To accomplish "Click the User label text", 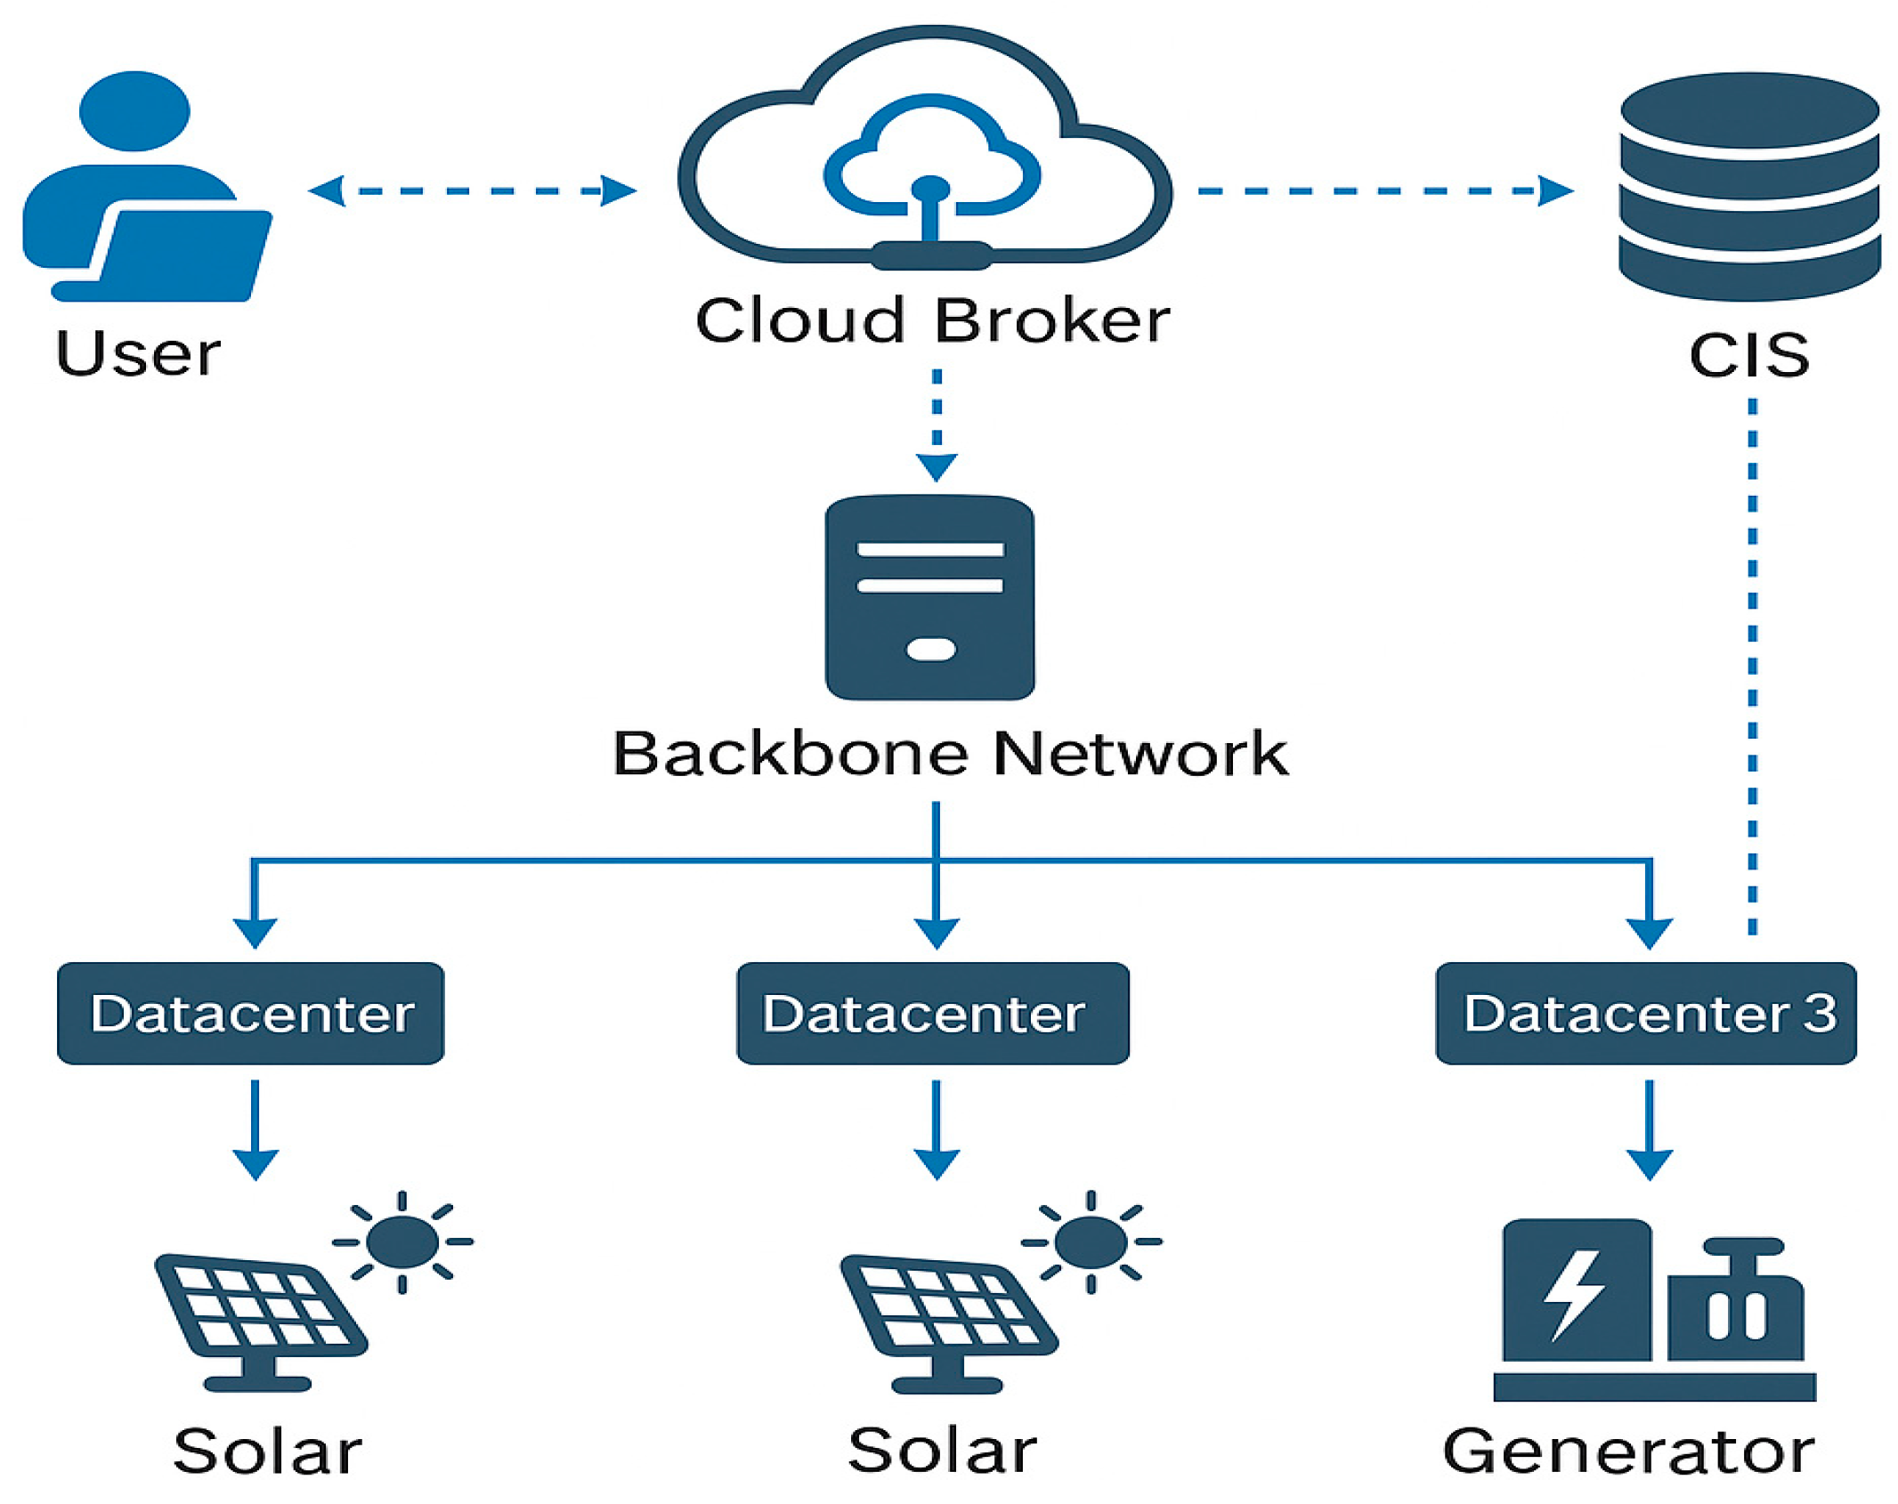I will pyautogui.click(x=138, y=353).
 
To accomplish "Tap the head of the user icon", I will pyautogui.click(x=134, y=110).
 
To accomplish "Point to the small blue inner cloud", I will pyautogui.click(x=930, y=156).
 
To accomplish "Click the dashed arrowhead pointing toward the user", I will pyautogui.click(x=326, y=190).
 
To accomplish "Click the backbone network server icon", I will pyautogui.click(x=929, y=597).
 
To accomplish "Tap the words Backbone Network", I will pyautogui.click(x=949, y=754).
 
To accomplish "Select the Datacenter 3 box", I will pyautogui.click(x=1645, y=1013).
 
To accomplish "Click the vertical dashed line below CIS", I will pyautogui.click(x=1752, y=667).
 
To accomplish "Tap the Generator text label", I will pyautogui.click(x=1627, y=1451).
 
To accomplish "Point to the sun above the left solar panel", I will pyautogui.click(x=402, y=1241).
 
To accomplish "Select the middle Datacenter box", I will pyautogui.click(x=932, y=1013).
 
